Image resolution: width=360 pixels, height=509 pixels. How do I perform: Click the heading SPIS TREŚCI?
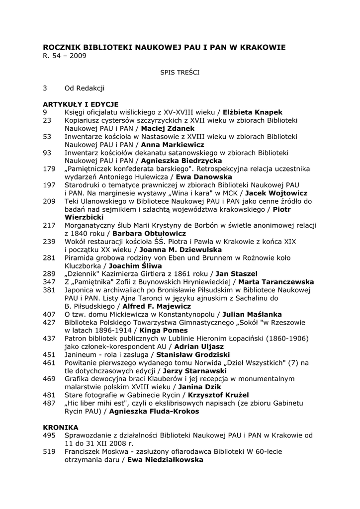point(180,72)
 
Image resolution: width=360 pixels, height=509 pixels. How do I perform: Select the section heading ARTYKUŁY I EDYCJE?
point(81,104)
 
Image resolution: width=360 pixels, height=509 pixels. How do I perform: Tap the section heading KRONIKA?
point(61,427)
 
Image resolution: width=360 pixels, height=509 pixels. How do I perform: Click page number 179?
point(49,169)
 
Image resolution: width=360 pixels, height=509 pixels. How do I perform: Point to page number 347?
point(49,282)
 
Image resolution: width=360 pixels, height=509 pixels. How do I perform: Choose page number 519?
point(49,452)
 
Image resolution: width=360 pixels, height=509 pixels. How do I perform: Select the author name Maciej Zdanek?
point(168,128)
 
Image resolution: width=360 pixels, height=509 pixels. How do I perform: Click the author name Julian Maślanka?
point(252,314)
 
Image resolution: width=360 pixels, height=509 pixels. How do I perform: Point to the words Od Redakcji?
point(85,88)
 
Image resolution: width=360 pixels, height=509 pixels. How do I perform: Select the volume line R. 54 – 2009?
point(65,56)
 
